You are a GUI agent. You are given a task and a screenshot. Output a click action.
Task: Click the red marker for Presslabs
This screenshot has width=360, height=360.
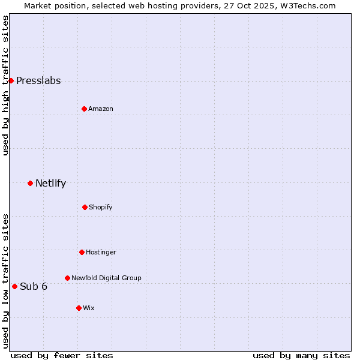[11, 80]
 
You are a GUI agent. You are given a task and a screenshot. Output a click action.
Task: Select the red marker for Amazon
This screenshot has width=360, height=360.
[84, 109]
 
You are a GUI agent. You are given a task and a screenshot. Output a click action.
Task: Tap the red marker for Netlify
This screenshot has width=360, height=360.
[30, 183]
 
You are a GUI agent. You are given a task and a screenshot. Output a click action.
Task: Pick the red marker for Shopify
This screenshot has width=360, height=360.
[85, 207]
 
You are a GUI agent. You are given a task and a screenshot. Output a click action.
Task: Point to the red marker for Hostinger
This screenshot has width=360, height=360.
[82, 252]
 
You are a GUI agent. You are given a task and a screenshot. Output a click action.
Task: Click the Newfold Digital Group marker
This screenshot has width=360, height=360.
[67, 278]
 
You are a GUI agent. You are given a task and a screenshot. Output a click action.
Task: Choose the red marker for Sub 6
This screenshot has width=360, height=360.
[14, 286]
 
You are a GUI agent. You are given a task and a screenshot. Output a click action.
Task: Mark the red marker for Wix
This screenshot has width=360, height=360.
[79, 308]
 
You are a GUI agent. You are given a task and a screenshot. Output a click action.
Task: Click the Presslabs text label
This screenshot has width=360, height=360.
[38, 81]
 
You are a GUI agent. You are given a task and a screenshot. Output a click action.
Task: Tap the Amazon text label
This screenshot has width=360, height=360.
[101, 109]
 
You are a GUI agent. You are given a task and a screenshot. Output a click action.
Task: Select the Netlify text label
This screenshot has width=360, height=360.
[50, 184]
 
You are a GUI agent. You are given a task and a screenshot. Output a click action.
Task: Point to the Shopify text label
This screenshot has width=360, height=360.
[101, 208]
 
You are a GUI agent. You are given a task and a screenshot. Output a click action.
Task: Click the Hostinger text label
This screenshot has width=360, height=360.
[101, 253]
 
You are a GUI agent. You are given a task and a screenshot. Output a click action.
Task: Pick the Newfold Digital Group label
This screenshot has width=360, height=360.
[106, 278]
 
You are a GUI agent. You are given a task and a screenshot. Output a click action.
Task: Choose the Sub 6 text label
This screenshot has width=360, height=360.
[34, 287]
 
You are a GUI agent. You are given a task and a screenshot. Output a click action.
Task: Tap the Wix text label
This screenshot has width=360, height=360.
[89, 308]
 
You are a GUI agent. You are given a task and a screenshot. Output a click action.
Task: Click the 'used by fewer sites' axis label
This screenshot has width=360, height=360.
[62, 355]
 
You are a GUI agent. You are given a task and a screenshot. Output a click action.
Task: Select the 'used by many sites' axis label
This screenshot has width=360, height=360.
[301, 355]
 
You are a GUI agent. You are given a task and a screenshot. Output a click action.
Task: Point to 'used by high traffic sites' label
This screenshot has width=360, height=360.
[5, 85]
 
